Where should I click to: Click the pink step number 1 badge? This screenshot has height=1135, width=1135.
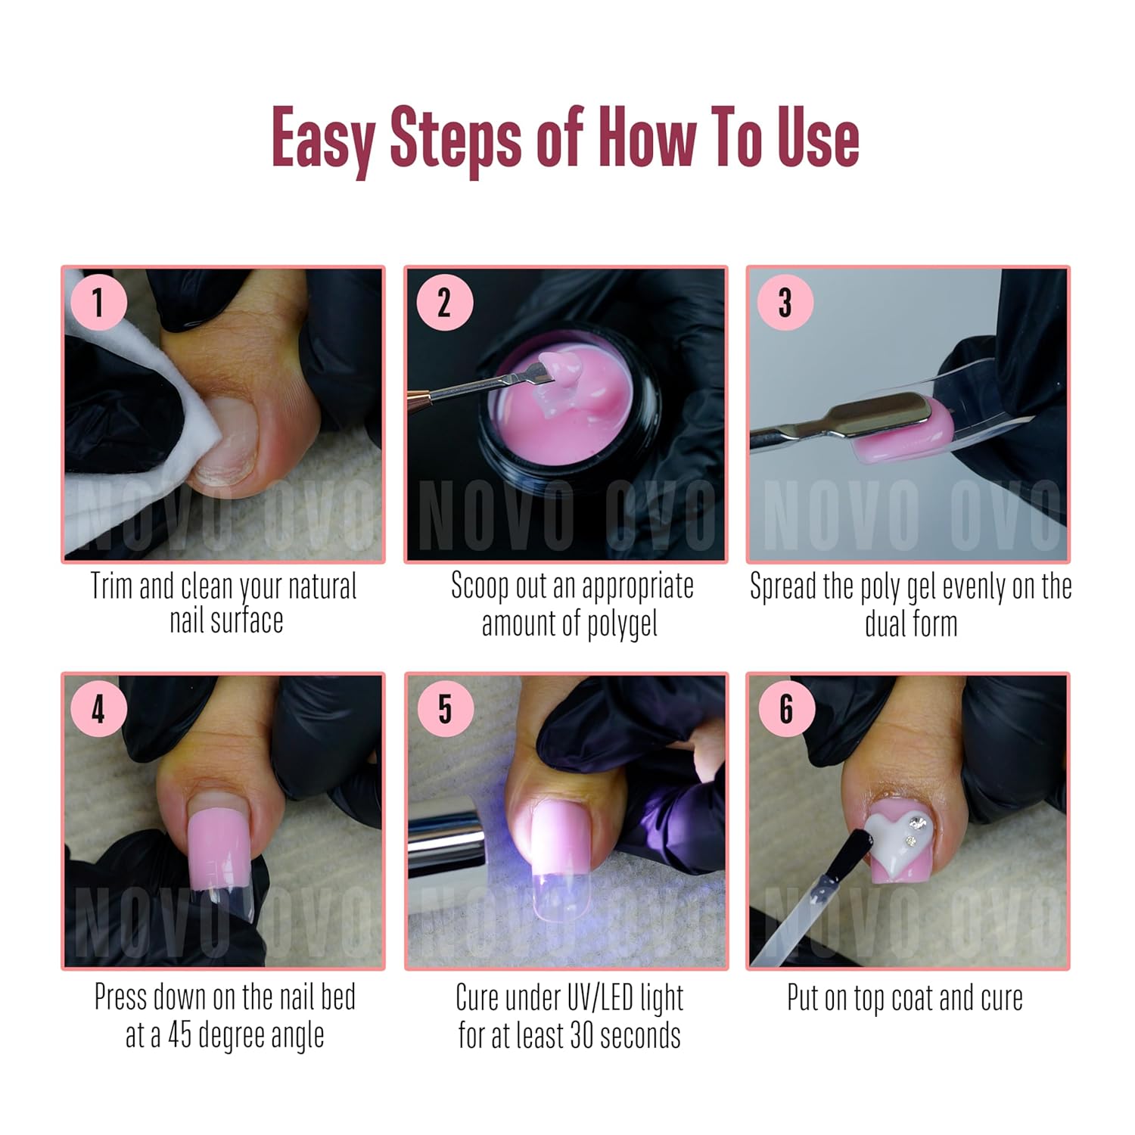tap(98, 303)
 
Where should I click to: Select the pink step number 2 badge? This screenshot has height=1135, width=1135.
tap(444, 303)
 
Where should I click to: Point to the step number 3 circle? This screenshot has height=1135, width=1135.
tap(785, 303)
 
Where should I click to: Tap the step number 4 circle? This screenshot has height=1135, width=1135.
tap(98, 710)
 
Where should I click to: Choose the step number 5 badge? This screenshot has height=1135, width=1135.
tap(444, 710)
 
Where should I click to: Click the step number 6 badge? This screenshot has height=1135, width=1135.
tap(785, 710)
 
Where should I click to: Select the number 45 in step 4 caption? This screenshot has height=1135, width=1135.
tap(179, 1035)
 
